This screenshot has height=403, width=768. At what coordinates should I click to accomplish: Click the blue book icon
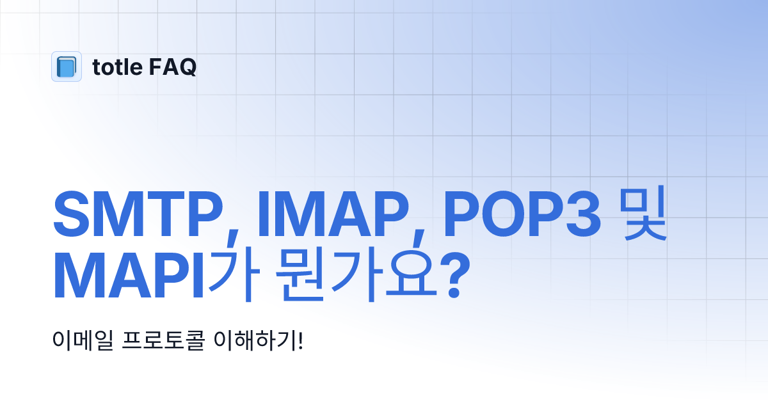pos(67,67)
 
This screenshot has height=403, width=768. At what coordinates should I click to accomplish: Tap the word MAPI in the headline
pos(128,278)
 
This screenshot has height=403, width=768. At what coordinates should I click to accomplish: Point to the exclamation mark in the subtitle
pos(300,340)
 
